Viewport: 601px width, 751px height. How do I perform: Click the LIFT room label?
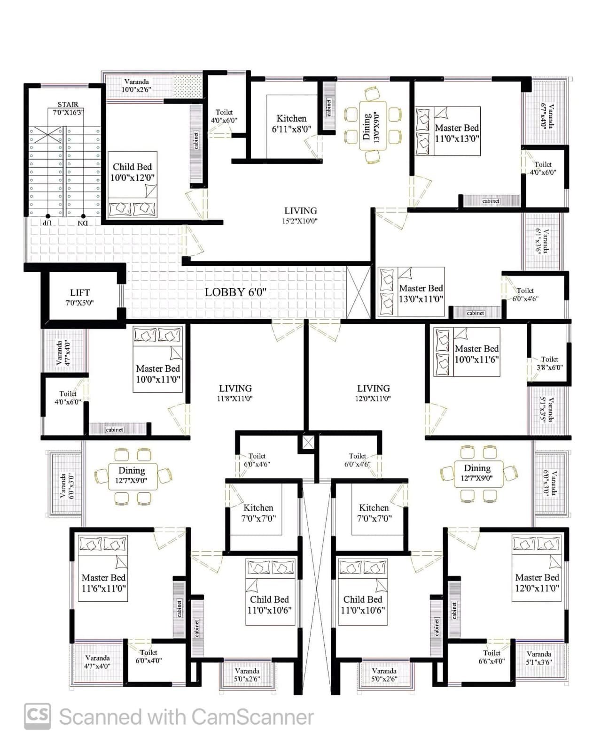click(80, 297)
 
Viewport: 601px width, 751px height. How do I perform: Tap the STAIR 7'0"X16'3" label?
click(68, 108)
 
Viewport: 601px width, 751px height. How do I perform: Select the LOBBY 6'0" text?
click(235, 292)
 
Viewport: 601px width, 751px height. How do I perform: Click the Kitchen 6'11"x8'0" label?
click(291, 123)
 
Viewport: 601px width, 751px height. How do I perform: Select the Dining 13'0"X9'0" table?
click(373, 126)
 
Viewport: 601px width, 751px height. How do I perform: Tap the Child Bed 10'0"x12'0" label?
click(132, 172)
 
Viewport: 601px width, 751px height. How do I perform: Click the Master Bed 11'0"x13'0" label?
click(457, 133)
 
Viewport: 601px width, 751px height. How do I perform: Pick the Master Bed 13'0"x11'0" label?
click(421, 293)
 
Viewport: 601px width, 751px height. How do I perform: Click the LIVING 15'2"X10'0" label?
click(301, 215)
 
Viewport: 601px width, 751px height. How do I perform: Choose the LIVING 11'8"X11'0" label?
click(235, 393)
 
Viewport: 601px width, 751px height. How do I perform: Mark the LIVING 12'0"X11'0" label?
click(373, 393)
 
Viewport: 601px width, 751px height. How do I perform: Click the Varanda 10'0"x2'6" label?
click(136, 85)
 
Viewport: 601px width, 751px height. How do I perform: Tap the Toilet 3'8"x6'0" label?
click(550, 363)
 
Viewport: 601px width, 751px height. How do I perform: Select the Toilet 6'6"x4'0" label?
click(492, 657)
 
